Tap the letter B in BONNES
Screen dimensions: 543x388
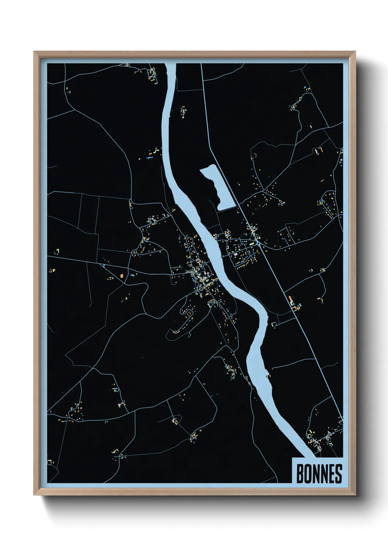[x=299, y=474]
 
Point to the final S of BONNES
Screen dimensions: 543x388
[x=338, y=474]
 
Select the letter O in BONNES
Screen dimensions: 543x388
[x=307, y=474]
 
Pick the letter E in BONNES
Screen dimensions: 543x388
[x=331, y=474]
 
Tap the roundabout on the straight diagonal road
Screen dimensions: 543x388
[x=259, y=243]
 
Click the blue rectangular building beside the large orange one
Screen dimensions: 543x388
[x=132, y=275]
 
